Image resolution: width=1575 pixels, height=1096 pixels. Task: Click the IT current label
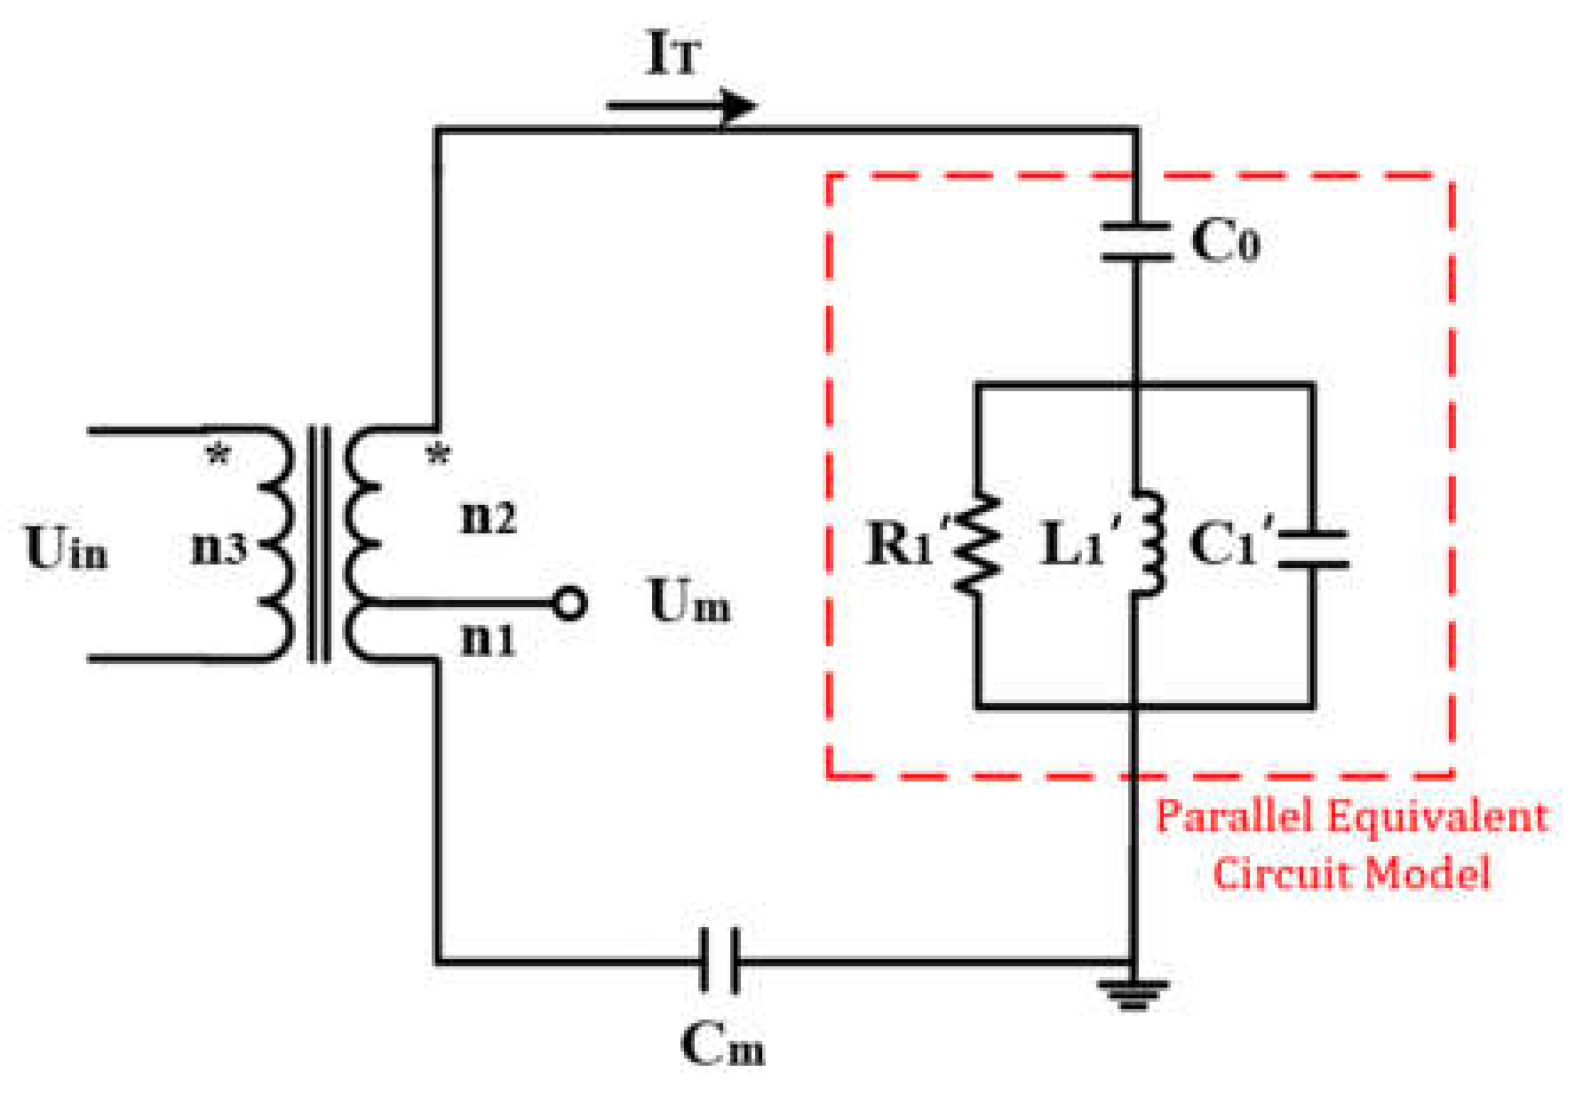click(673, 53)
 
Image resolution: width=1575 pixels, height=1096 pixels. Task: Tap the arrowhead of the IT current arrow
click(739, 107)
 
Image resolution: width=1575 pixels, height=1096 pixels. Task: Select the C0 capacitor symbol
click(1135, 242)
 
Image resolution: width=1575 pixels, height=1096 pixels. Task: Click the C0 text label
click(1224, 240)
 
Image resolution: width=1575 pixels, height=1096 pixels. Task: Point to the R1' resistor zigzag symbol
click(977, 544)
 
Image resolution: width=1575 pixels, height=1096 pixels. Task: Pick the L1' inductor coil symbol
click(1146, 544)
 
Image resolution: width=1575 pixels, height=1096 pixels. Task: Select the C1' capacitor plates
click(1313, 548)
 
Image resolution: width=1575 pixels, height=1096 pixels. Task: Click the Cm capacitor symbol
click(720, 960)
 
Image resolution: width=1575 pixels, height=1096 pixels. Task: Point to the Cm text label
click(721, 1044)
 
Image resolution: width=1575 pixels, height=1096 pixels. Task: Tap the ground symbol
click(1133, 992)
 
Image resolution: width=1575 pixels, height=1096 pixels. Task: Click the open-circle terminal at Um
click(569, 604)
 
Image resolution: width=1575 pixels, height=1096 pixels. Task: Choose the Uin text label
click(67, 548)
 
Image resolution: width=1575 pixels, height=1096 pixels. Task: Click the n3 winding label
click(219, 548)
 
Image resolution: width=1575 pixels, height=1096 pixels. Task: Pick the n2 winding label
click(489, 516)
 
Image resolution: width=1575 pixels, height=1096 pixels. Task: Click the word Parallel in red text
click(1231, 816)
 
